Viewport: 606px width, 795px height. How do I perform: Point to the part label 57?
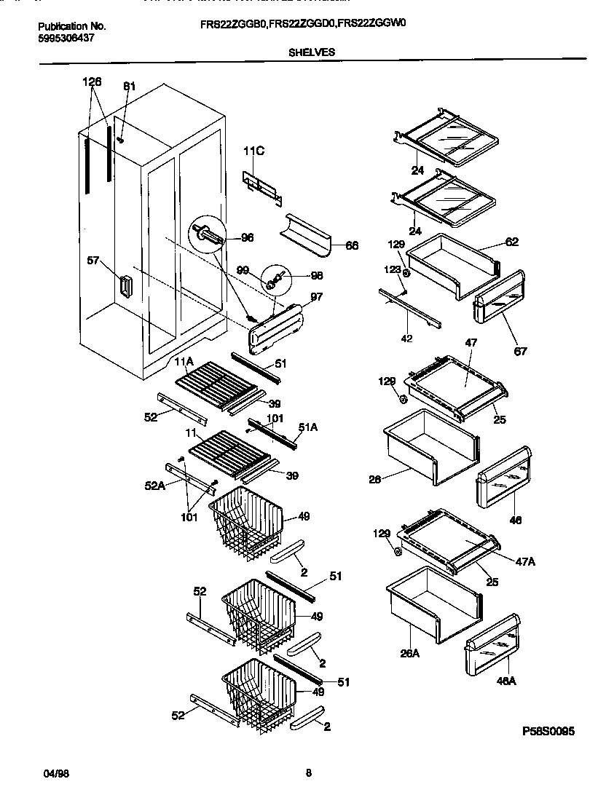coord(93,259)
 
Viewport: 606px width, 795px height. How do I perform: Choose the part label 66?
coord(351,246)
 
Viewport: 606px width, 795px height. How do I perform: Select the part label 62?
coord(512,242)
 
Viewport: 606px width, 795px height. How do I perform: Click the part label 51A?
coord(308,428)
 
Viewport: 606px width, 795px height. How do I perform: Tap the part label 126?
coord(92,82)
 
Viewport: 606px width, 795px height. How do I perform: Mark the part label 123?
coord(393,269)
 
